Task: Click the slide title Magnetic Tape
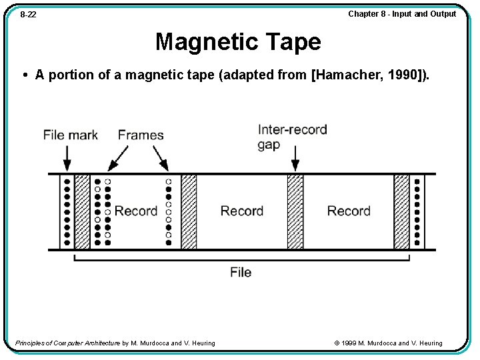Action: pyautogui.click(x=238, y=42)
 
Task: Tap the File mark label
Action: pyautogui.click(x=70, y=135)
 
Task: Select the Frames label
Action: pyautogui.click(x=141, y=135)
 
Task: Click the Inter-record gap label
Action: pyautogui.click(x=292, y=136)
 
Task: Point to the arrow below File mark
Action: pyautogui.click(x=67, y=159)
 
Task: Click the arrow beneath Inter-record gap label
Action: pyautogui.click(x=295, y=160)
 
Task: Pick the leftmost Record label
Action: pyautogui.click(x=136, y=211)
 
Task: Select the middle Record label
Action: pyautogui.click(x=242, y=211)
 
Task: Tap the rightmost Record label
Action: pyautogui.click(x=349, y=211)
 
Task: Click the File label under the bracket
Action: pyautogui.click(x=241, y=272)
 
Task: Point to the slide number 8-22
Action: pyautogui.click(x=28, y=15)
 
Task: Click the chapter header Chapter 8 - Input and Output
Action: pyautogui.click(x=402, y=14)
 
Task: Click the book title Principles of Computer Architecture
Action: pyautogui.click(x=67, y=343)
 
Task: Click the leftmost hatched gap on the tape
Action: pyautogui.click(x=81, y=211)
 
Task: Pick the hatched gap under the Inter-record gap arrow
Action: pyautogui.click(x=295, y=211)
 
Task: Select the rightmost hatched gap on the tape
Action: pyautogui.click(x=401, y=211)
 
